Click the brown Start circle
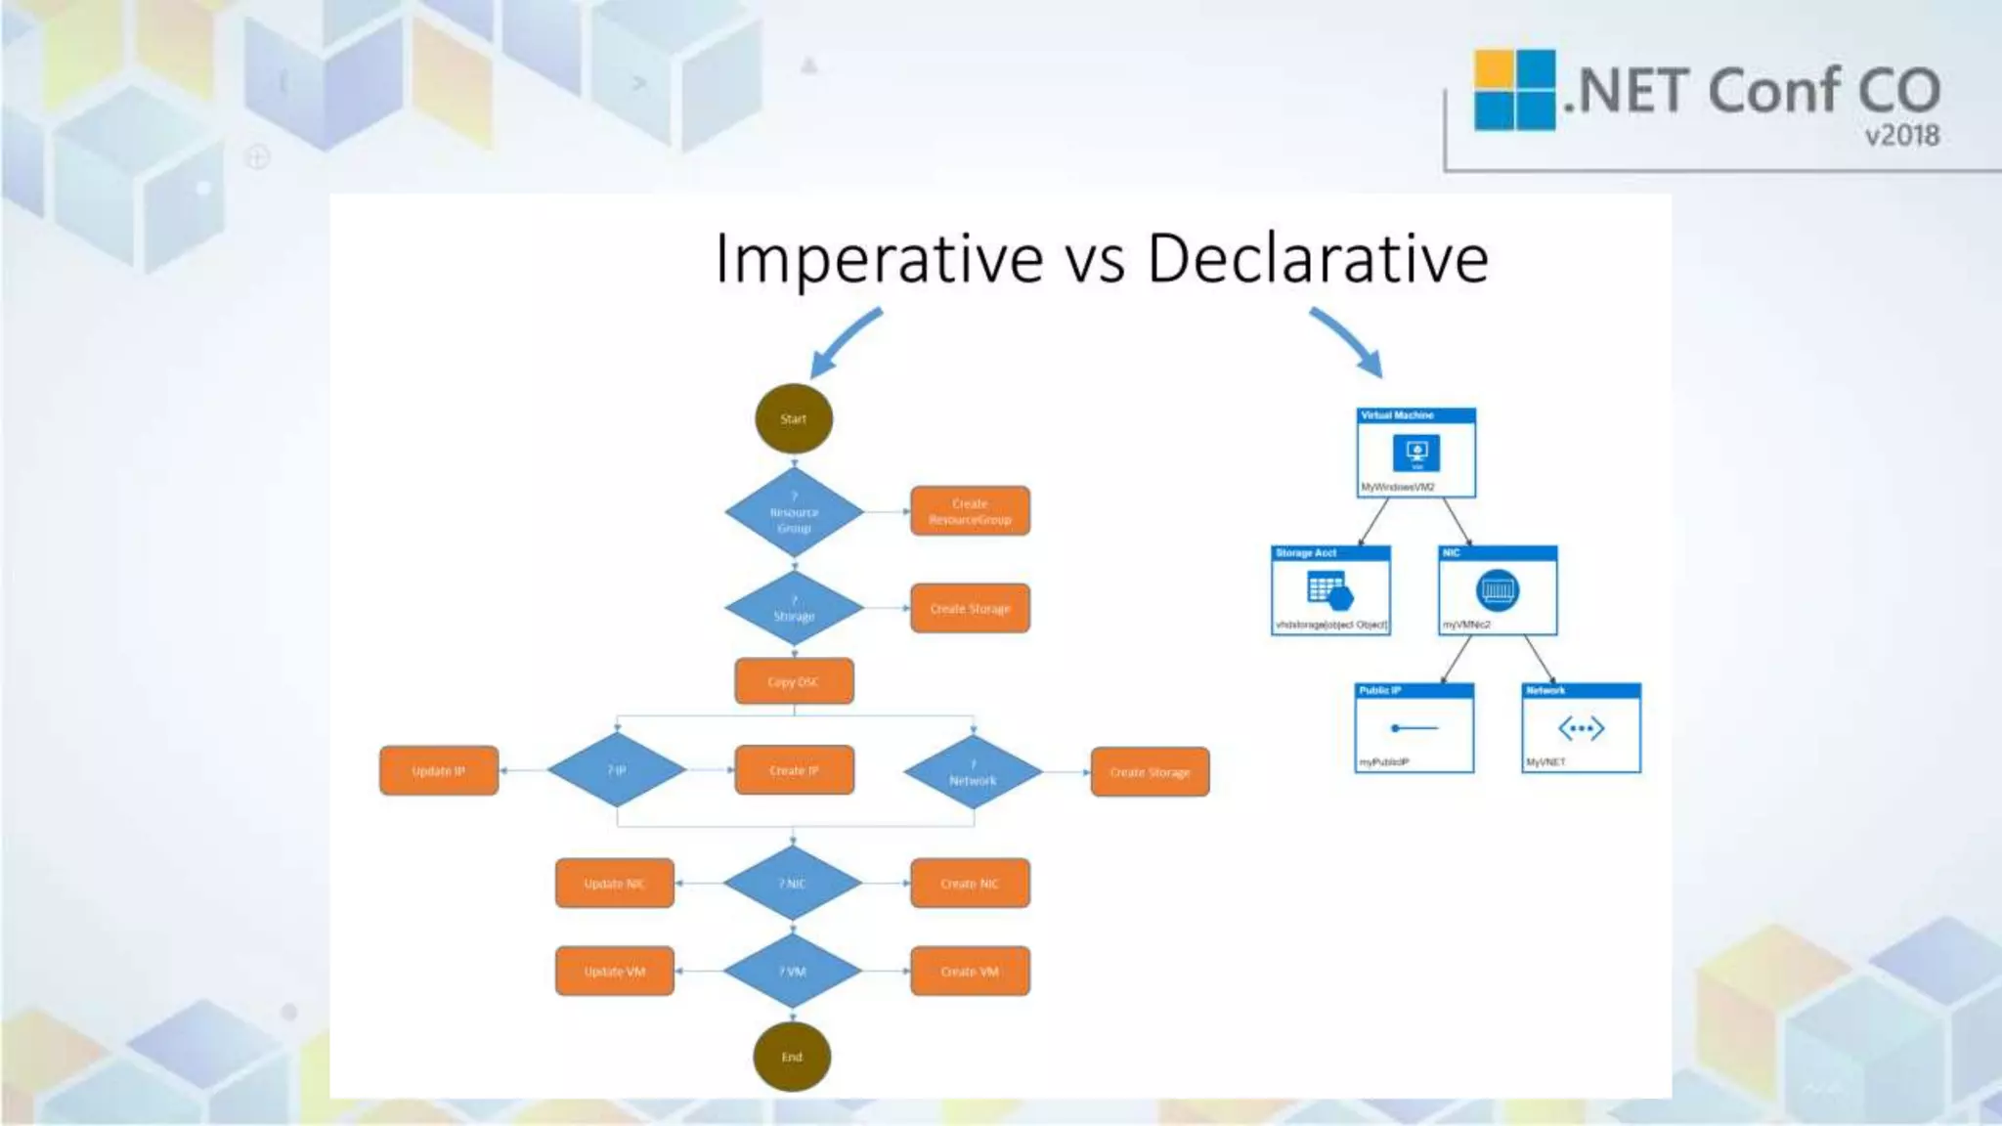pos(793,419)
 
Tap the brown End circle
pos(792,1057)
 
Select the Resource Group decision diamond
pos(794,512)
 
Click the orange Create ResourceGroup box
pos(970,511)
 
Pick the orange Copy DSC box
pos(794,681)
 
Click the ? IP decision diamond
pos(616,770)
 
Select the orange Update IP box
pos(439,770)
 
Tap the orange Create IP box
pos(794,770)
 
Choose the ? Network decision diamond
pos(973,772)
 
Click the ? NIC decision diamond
pos(792,884)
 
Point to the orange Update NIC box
pos(614,884)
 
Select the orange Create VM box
pos(970,972)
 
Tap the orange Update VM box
pos(614,972)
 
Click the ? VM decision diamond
pos(792,972)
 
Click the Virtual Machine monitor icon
pos(1416,453)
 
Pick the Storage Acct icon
pos(1328,591)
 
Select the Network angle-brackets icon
pos(1581,728)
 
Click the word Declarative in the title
pos(1317,259)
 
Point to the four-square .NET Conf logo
pos(1514,90)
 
